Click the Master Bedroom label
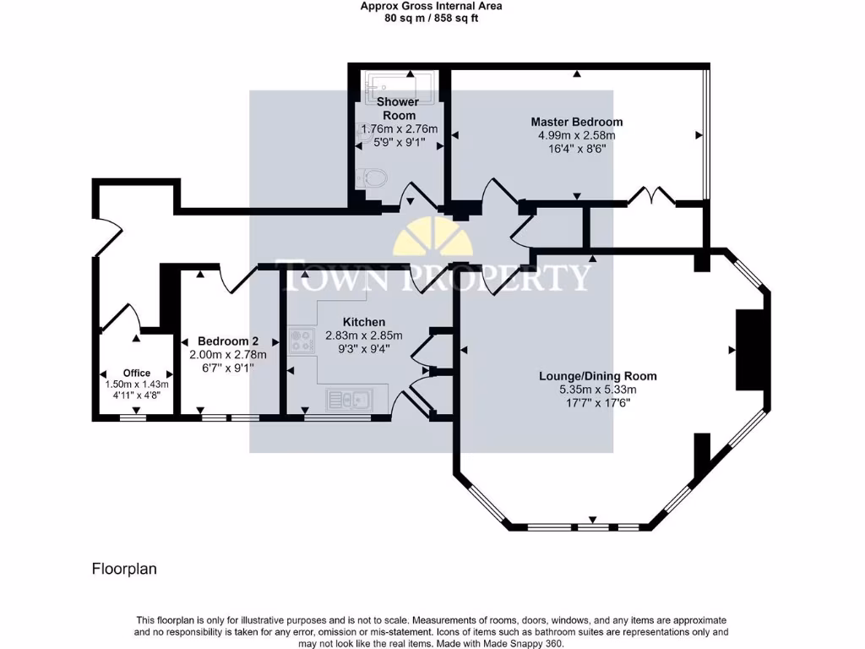pyautogui.click(x=577, y=122)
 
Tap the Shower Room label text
pyautogui.click(x=399, y=108)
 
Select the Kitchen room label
pyautogui.click(x=364, y=322)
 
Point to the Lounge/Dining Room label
pyautogui.click(x=598, y=376)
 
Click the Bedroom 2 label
pyautogui.click(x=224, y=341)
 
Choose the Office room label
pyautogui.click(x=136, y=373)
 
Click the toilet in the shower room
pyautogui.click(x=373, y=178)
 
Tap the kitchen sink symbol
pyautogui.click(x=345, y=399)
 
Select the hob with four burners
pyautogui.click(x=301, y=341)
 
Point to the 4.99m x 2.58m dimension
pyautogui.click(x=577, y=135)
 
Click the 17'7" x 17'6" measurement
pyautogui.click(x=598, y=403)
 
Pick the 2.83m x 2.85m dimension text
pyautogui.click(x=364, y=335)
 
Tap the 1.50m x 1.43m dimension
pyautogui.click(x=136, y=384)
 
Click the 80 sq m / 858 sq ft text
pyautogui.click(x=431, y=18)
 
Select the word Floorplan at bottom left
pyautogui.click(x=124, y=569)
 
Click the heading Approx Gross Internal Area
pyautogui.click(x=431, y=6)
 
